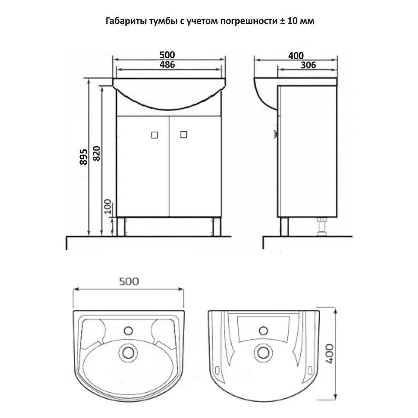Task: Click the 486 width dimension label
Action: pyautogui.click(x=167, y=64)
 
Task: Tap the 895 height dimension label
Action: pyautogui.click(x=83, y=157)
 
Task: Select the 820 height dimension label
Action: pyautogui.click(x=97, y=153)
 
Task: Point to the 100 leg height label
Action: pyautogui.click(x=108, y=206)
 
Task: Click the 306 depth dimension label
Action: pyautogui.click(x=308, y=65)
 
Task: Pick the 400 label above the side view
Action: pyautogui.click(x=296, y=56)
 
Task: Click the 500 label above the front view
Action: pyautogui.click(x=167, y=55)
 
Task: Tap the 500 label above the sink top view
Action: pyautogui.click(x=129, y=282)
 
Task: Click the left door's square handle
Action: pyautogui.click(x=154, y=135)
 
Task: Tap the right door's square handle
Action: pyautogui.click(x=183, y=134)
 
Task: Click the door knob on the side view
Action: pyautogui.click(x=276, y=133)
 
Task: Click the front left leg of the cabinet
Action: pyautogui.click(x=121, y=226)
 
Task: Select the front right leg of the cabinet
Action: pyautogui.click(x=217, y=226)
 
